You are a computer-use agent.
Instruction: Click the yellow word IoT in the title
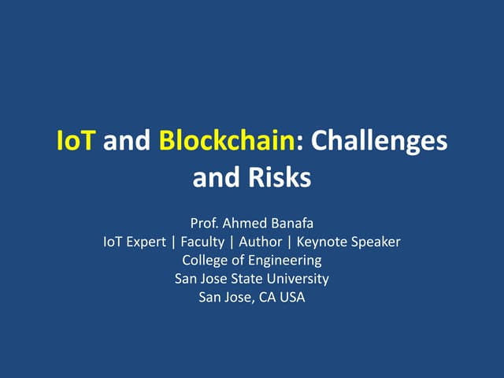(76, 141)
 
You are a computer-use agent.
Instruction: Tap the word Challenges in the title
(380, 141)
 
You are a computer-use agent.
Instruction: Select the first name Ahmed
(245, 224)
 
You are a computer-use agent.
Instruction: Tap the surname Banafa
(291, 224)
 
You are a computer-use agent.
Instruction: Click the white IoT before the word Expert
(113, 243)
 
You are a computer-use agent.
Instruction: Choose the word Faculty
(202, 243)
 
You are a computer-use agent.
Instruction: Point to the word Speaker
(373, 243)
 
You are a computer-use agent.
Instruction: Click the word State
(250, 279)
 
